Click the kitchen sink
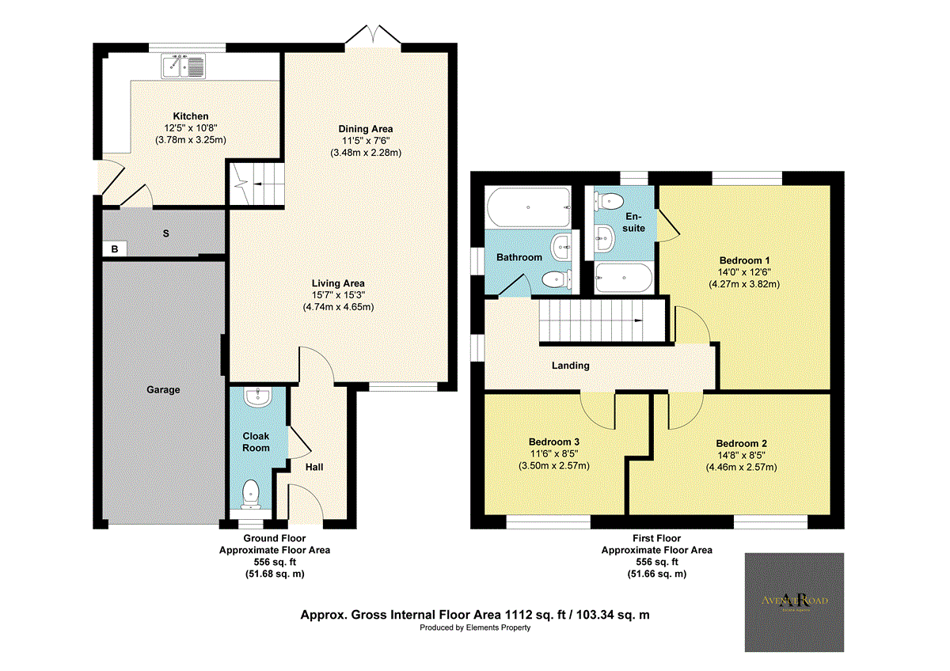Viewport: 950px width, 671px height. pos(184,66)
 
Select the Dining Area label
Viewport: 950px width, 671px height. pos(366,129)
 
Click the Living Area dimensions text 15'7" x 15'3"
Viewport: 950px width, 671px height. pos(338,295)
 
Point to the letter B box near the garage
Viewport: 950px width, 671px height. pos(115,249)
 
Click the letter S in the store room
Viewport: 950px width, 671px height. pos(165,234)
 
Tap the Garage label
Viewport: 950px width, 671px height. pos(162,389)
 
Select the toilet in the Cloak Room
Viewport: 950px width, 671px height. pos(251,493)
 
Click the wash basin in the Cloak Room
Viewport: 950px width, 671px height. pos(257,397)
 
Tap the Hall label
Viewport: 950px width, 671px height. pos(314,467)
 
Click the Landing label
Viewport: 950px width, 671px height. pos(571,366)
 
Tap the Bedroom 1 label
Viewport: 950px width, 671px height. pos(745,260)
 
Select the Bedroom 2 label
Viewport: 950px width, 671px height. pos(741,444)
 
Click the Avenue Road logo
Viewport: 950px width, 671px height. pos(794,601)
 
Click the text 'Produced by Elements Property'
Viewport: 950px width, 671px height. pos(475,627)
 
